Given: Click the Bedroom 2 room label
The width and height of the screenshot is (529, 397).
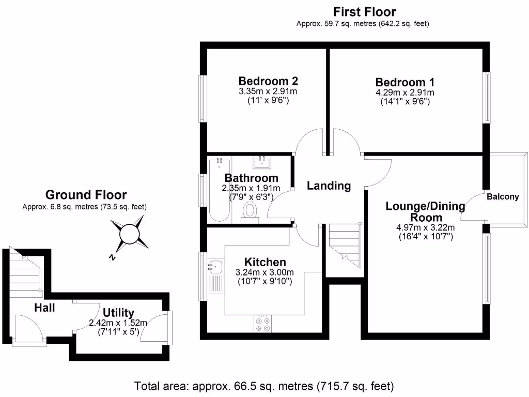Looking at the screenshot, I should click(x=268, y=81).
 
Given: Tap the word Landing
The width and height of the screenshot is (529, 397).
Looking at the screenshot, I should click(x=329, y=186).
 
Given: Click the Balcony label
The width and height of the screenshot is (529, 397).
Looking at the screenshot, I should click(x=503, y=197).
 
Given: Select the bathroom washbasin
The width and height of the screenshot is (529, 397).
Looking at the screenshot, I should click(x=262, y=162).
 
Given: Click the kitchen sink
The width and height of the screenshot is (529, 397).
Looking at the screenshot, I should click(x=214, y=267).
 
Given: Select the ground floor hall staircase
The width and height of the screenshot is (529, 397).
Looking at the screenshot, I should click(x=25, y=274).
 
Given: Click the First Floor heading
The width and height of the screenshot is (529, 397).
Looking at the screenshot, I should click(x=364, y=11).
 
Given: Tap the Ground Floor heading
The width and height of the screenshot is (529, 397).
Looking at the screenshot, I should click(x=86, y=195).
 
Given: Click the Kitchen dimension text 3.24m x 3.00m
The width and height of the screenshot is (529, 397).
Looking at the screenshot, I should click(x=264, y=272).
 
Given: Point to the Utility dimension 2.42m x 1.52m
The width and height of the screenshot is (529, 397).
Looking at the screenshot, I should click(x=118, y=323).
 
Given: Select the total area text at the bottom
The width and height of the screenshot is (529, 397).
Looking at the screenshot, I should click(x=264, y=386).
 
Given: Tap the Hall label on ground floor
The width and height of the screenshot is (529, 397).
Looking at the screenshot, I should click(x=44, y=308).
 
